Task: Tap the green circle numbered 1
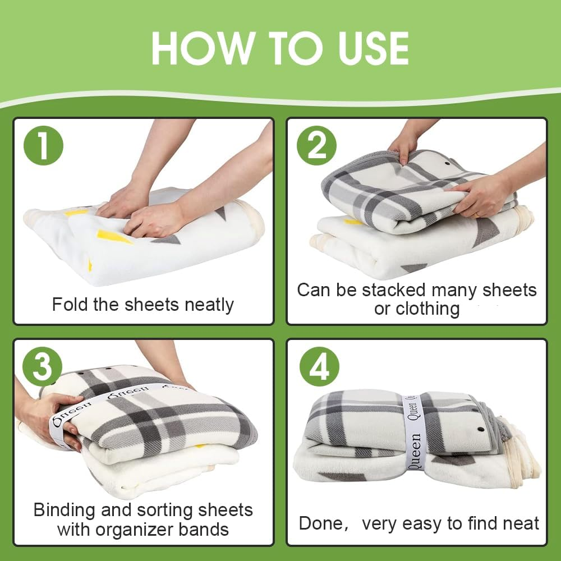(43, 145)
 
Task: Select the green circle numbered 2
(317, 145)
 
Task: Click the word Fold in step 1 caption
(70, 305)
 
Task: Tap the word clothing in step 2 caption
(427, 309)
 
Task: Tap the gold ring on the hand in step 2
(476, 214)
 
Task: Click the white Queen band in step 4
(414, 432)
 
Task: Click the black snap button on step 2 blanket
(447, 164)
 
